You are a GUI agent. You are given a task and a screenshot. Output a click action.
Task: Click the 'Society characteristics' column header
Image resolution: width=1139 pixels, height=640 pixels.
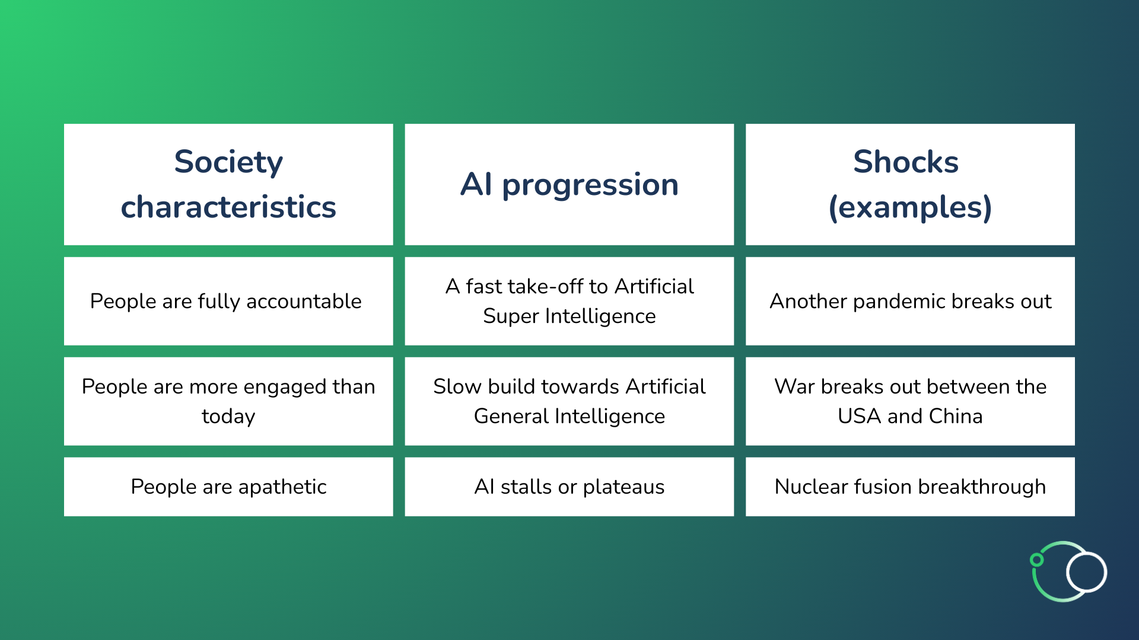pos(228,184)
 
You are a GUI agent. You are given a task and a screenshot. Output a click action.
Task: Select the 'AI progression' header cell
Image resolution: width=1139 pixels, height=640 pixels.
pos(569,184)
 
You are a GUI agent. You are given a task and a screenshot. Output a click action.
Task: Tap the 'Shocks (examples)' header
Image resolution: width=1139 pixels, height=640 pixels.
pos(910,184)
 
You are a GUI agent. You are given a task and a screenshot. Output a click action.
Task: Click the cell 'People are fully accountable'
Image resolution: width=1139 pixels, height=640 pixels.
pos(228,301)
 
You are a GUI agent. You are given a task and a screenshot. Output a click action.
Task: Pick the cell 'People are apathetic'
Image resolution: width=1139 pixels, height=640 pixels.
pos(228,487)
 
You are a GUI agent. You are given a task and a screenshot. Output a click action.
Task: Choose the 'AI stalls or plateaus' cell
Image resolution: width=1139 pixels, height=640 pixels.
pos(569,487)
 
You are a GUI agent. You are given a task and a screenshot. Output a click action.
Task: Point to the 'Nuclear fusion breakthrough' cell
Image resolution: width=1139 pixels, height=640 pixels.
pos(910,487)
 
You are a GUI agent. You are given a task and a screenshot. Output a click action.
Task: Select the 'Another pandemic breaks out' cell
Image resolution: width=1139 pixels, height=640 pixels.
pos(910,301)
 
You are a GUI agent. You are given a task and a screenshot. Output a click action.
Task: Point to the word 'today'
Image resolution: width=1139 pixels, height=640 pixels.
pos(228,417)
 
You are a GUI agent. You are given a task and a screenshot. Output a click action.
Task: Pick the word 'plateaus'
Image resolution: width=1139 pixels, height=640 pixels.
pos(623,487)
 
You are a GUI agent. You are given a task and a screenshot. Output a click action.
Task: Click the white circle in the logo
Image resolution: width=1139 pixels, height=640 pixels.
pos(1086,572)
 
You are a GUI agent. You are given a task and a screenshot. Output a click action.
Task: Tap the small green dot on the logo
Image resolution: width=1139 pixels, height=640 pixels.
pos(1036,559)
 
